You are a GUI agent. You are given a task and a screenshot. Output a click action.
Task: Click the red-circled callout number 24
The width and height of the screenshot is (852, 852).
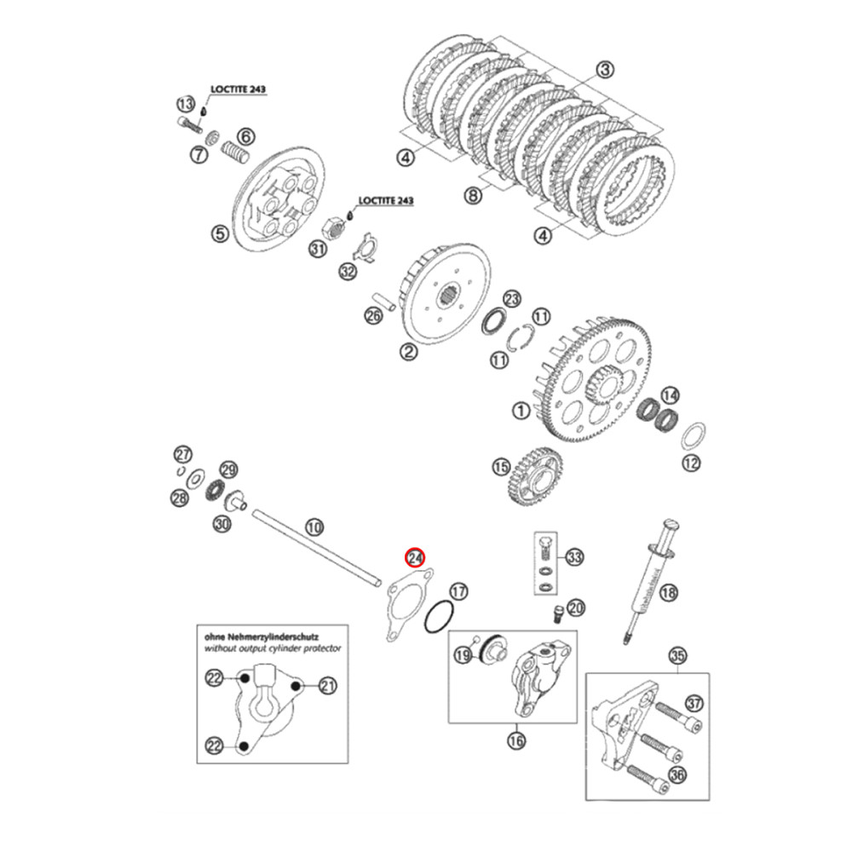tap(415, 557)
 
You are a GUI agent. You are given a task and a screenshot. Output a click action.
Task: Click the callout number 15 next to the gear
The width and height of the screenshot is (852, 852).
tap(501, 467)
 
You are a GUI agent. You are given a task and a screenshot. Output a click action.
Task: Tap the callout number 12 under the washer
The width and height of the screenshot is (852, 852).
tap(691, 463)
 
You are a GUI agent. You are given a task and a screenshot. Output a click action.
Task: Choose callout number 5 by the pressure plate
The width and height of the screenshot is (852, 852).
tap(218, 233)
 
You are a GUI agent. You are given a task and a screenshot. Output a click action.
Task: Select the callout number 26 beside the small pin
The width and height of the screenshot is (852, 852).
tap(374, 316)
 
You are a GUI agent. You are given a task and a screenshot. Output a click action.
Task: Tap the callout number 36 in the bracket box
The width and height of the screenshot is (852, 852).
tap(678, 774)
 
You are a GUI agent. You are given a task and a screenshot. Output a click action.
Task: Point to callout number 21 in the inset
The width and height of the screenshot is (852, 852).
tap(328, 684)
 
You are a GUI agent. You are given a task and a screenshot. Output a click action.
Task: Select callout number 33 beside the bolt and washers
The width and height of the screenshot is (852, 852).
tap(575, 558)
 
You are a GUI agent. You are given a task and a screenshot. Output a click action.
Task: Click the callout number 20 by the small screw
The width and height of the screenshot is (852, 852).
tap(577, 607)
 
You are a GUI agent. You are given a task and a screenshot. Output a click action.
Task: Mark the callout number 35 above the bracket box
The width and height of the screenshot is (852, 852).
tap(678, 655)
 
